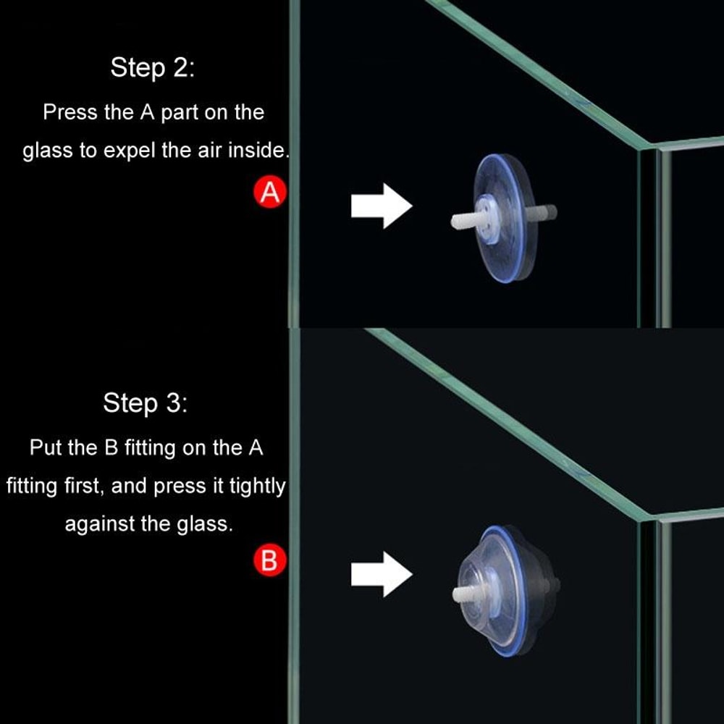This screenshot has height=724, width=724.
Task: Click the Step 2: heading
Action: pyautogui.click(x=153, y=68)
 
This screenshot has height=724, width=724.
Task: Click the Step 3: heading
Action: pyautogui.click(x=146, y=403)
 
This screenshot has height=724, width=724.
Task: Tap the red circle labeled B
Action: pyautogui.click(x=269, y=561)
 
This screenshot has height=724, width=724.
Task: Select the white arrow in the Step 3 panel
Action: pyautogui.click(x=381, y=576)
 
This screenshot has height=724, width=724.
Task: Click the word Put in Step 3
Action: pyautogui.click(x=46, y=447)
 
